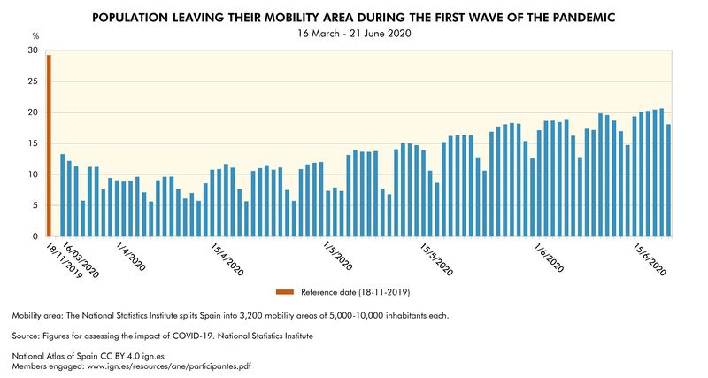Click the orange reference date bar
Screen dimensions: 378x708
tap(50, 146)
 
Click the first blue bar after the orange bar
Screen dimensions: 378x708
tap(62, 196)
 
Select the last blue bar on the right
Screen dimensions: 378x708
tap(668, 181)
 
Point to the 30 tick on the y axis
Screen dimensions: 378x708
tap(35, 50)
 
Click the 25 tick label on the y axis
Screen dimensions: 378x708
tap(35, 81)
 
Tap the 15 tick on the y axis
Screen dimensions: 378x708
tap(35, 143)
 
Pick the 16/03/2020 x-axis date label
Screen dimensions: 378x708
tap(81, 259)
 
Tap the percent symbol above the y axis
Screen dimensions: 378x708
tap(35, 35)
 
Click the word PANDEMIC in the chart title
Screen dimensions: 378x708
tap(581, 17)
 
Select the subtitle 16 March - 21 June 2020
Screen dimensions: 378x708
tap(354, 34)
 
